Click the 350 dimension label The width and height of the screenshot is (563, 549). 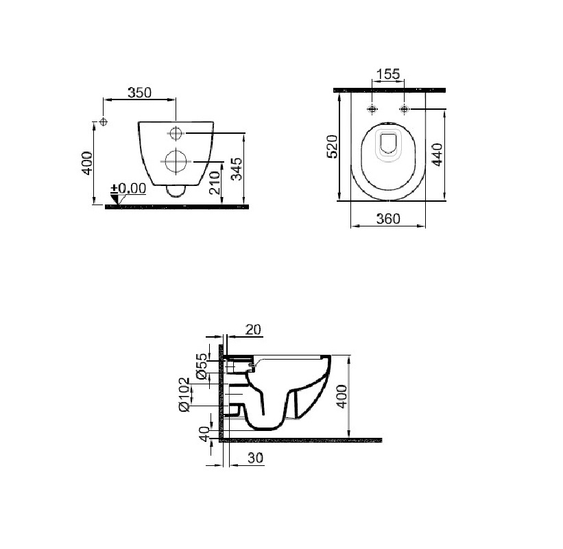[140, 93]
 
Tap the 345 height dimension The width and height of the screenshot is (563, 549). [237, 169]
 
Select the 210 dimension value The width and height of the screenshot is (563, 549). [215, 183]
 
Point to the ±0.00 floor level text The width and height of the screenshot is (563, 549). [128, 188]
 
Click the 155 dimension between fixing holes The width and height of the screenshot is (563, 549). [388, 74]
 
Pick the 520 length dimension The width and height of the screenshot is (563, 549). [332, 146]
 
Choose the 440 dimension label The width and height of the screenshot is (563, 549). [437, 154]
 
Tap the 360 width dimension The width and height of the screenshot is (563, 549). [388, 218]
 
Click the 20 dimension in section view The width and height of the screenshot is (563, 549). [253, 329]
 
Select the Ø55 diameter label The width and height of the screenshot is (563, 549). [202, 366]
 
